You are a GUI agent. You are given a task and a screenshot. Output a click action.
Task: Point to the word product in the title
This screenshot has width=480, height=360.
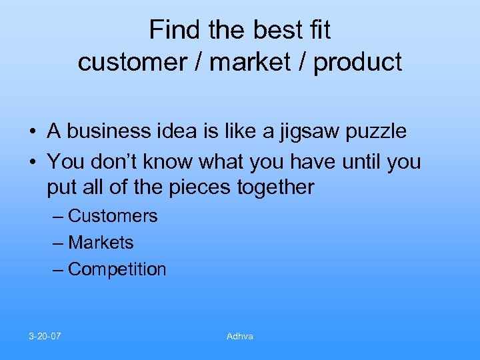tap(358, 62)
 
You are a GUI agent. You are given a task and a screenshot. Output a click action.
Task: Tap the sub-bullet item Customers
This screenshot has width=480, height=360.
tap(113, 216)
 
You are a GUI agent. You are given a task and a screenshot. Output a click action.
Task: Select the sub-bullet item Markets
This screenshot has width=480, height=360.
tap(101, 243)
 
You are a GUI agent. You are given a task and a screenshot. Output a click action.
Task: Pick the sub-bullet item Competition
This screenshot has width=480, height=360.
tap(117, 269)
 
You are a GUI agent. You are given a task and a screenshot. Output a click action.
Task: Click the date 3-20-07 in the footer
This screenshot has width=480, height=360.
tap(45, 336)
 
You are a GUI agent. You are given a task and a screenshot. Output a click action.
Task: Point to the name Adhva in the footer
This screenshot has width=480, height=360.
tap(240, 336)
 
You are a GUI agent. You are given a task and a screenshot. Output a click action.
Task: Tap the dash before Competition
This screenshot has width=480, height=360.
tap(58, 269)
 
